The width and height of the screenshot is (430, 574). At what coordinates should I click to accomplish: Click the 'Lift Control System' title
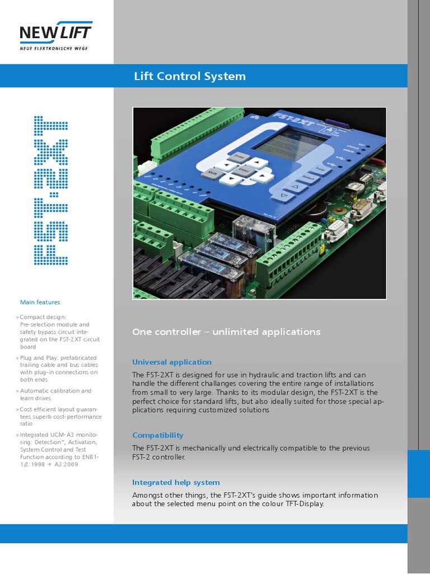click(x=190, y=76)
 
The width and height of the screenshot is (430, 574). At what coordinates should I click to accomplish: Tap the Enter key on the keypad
click(x=244, y=169)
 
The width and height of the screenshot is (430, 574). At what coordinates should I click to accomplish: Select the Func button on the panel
click(x=320, y=169)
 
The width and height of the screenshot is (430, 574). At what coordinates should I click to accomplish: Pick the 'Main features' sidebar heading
click(x=40, y=302)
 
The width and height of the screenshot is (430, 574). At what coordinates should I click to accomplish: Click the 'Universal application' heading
click(x=172, y=362)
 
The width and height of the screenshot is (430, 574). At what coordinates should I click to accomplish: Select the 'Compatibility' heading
click(x=157, y=435)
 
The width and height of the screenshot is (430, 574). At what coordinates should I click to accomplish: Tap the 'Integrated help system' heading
click(x=176, y=482)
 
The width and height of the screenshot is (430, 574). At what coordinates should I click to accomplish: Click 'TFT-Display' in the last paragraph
click(x=303, y=504)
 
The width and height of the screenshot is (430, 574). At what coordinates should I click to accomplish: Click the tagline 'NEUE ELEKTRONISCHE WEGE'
click(x=54, y=48)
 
